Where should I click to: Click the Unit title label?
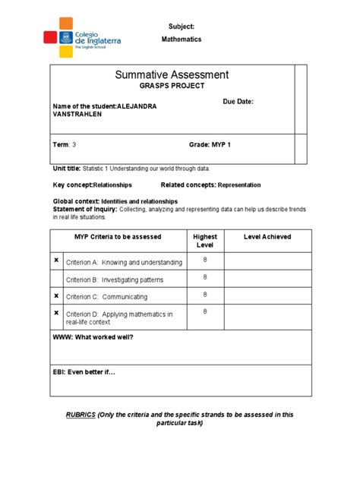(x=69, y=169)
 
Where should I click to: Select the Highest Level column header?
(x=205, y=241)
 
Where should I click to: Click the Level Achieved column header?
(x=267, y=237)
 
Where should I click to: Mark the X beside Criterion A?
(x=56, y=261)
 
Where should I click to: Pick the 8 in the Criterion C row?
(x=205, y=295)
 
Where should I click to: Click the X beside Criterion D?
(x=56, y=312)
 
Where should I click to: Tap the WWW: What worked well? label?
(x=93, y=336)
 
